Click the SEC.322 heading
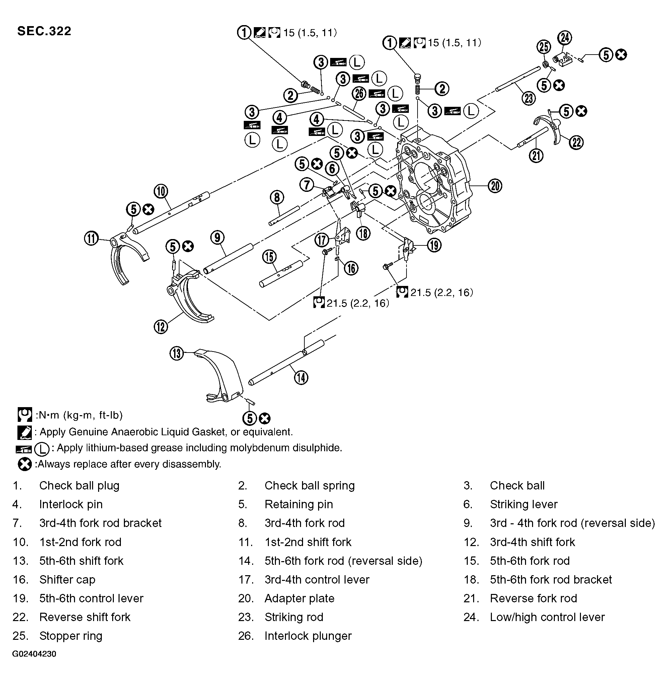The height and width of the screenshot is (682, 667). [44, 31]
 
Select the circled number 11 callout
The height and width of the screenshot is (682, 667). [91, 239]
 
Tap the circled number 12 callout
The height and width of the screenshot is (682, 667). [161, 326]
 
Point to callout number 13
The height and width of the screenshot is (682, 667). [177, 354]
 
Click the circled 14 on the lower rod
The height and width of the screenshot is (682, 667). [301, 378]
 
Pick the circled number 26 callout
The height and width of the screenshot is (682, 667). [359, 93]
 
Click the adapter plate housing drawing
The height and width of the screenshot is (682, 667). [434, 182]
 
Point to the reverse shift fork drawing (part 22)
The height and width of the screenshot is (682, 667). [550, 128]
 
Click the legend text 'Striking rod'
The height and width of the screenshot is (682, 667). [294, 617]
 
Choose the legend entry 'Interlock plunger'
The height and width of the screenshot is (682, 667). [308, 635]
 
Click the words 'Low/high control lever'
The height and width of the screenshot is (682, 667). [547, 617]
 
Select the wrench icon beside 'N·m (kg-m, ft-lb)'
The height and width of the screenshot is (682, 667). [24, 415]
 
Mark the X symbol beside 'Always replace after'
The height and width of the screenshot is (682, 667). [24, 464]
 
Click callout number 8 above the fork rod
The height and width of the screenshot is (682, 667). [277, 198]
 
